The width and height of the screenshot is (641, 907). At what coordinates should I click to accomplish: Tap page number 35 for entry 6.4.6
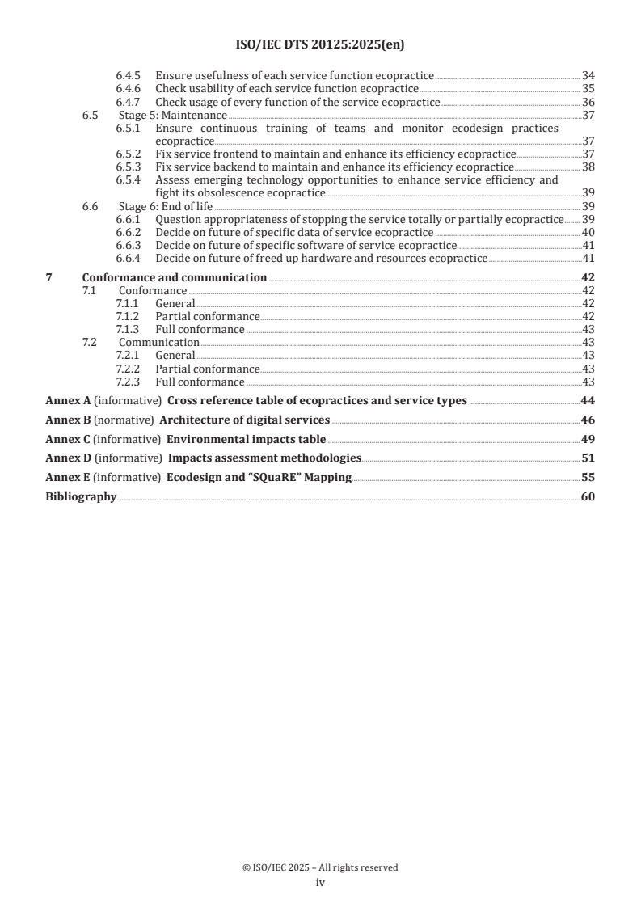tap(588, 89)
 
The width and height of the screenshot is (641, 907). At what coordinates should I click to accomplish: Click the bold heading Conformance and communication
tap(175, 277)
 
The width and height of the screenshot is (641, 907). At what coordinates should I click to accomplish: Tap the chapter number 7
tap(49, 277)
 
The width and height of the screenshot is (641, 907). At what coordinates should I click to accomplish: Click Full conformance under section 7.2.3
tap(200, 382)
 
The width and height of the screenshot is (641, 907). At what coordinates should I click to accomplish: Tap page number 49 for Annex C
tap(588, 439)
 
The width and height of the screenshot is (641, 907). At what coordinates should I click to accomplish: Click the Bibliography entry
tap(81, 496)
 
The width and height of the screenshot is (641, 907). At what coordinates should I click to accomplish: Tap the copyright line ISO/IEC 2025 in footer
tap(320, 867)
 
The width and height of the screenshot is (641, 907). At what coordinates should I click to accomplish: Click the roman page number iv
tap(320, 883)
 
